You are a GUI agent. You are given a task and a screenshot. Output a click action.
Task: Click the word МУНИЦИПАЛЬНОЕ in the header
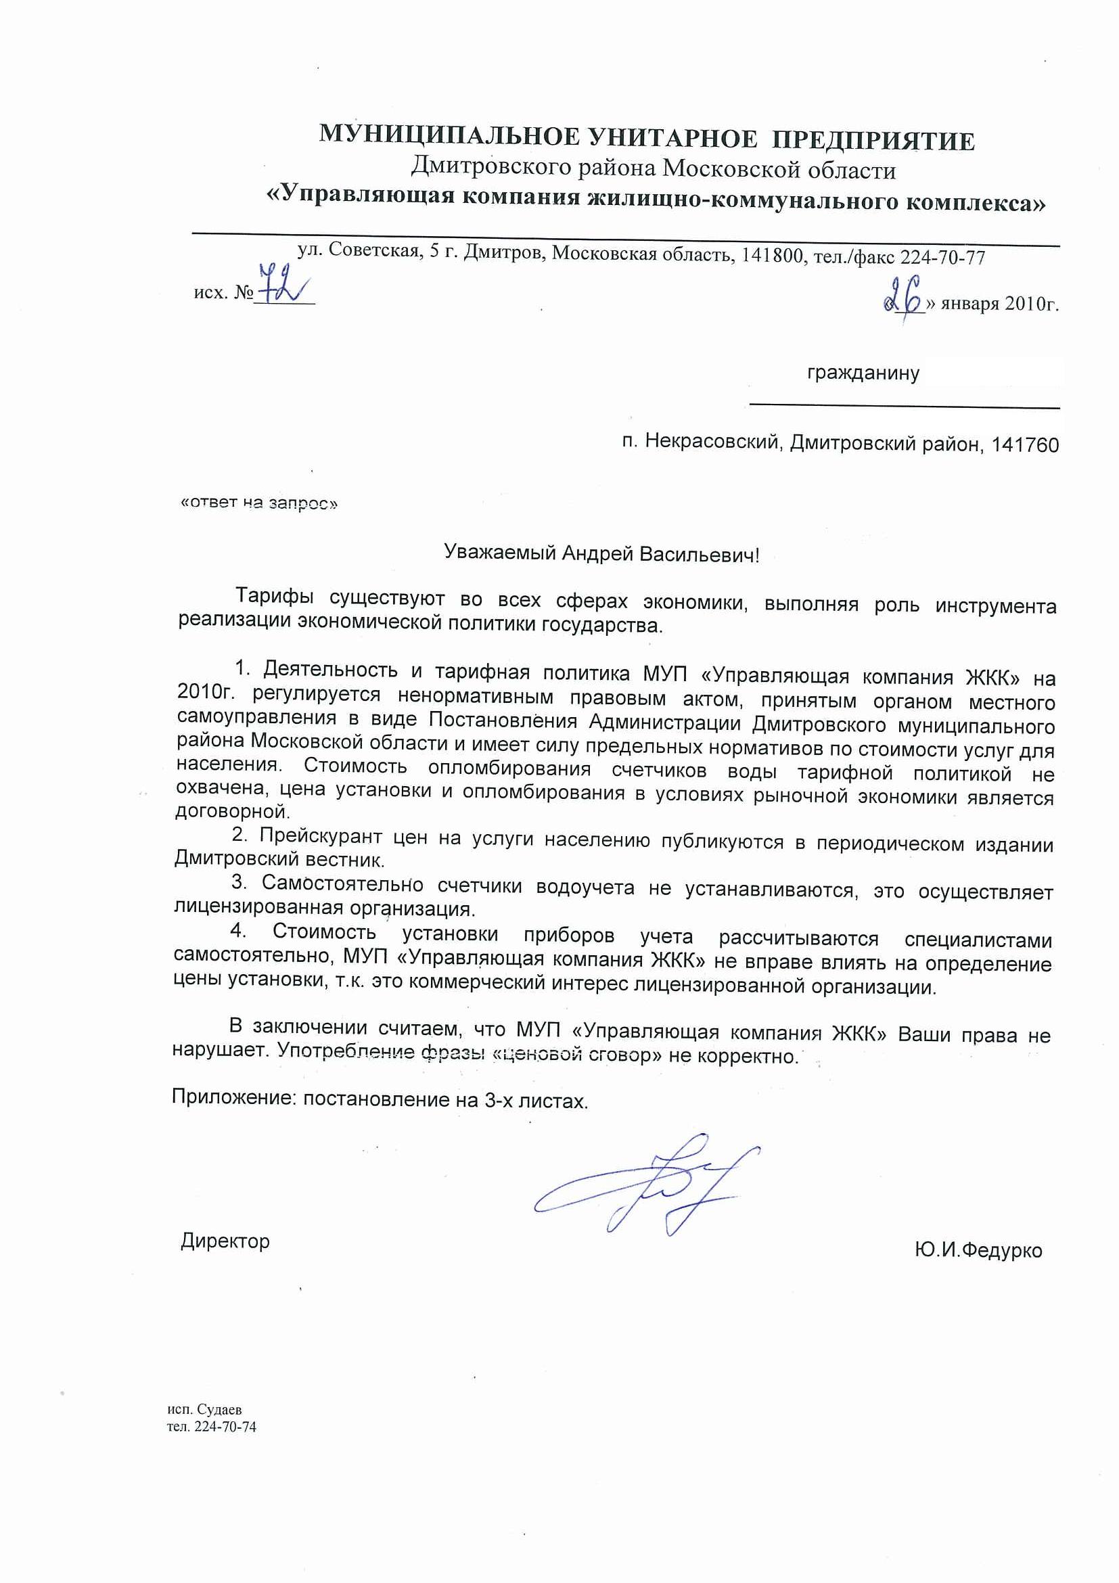coord(449,136)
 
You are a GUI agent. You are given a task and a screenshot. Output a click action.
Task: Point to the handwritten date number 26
coord(904,298)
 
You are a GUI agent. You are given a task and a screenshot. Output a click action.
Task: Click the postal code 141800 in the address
coord(772,256)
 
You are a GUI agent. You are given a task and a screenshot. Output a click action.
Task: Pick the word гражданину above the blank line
coord(863,373)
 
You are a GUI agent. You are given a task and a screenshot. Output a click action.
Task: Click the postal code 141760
coord(1024,445)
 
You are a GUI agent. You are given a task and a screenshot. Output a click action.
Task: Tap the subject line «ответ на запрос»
coord(259,503)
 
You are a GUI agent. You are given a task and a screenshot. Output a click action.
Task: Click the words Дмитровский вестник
coord(279,860)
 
